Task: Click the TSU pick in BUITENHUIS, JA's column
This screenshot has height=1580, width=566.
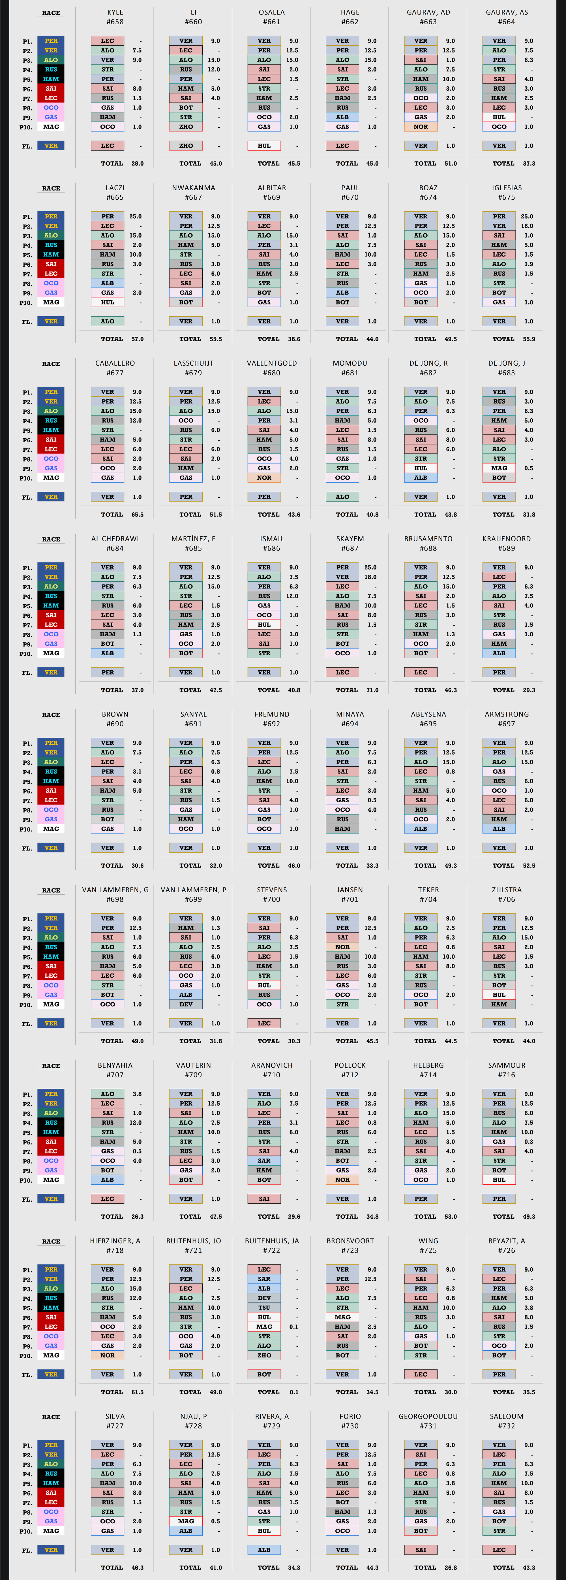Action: tap(264, 1307)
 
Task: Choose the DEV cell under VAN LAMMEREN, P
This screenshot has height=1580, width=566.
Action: tap(186, 1004)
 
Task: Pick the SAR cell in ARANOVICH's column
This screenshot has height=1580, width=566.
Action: tap(264, 1161)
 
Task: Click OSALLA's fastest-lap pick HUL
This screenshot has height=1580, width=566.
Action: tap(264, 146)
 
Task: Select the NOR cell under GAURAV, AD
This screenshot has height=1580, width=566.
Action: tap(421, 127)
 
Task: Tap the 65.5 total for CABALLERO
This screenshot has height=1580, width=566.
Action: tap(137, 515)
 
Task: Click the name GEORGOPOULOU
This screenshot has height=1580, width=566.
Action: tap(428, 1416)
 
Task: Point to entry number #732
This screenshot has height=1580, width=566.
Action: tap(507, 1426)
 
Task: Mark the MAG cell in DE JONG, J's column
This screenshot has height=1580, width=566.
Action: tap(499, 468)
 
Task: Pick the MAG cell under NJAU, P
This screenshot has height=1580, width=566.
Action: tap(186, 1521)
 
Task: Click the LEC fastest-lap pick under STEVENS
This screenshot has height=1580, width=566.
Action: tap(264, 1023)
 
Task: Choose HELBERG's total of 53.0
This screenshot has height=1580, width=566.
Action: tap(451, 1216)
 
